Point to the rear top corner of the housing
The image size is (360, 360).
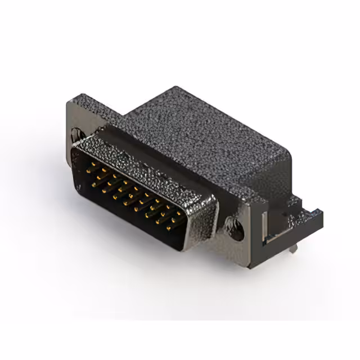[176, 89]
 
